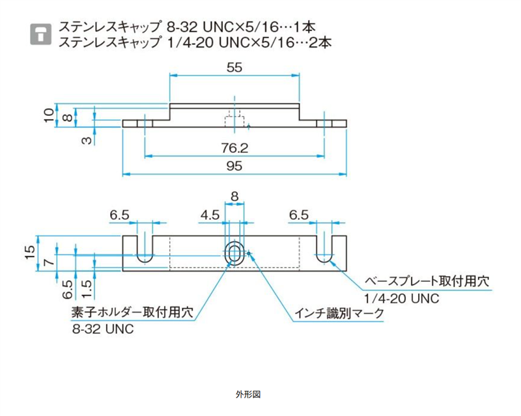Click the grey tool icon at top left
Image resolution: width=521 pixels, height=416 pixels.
pyautogui.click(x=41, y=35)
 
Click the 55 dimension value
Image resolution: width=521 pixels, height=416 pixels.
pyautogui.click(x=235, y=66)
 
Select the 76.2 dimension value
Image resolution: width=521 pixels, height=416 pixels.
pyautogui.click(x=235, y=147)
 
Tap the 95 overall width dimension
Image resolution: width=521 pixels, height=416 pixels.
pyautogui.click(x=235, y=166)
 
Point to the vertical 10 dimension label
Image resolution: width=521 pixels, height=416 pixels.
pyautogui.click(x=49, y=115)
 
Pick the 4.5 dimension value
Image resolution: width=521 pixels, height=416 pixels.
pyautogui.click(x=209, y=215)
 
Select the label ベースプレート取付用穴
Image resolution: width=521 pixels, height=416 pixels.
pyautogui.click(x=425, y=281)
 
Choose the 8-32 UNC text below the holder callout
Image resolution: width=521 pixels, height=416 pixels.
pyautogui.click(x=104, y=329)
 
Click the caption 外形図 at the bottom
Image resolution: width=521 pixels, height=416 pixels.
pyautogui.click(x=248, y=395)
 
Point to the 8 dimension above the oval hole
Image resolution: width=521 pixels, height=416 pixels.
pyautogui.click(x=234, y=195)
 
